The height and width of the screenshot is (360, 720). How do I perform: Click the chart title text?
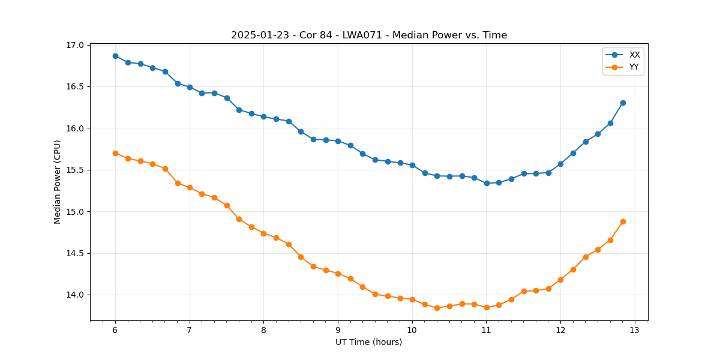point(369,35)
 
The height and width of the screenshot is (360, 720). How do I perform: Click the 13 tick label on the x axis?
point(635,331)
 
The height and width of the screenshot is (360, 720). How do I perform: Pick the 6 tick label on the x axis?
point(115,331)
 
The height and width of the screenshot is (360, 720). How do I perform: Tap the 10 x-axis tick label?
point(412,331)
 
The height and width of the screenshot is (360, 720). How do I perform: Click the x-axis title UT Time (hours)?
point(369,342)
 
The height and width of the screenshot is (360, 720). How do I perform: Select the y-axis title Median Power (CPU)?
point(58,182)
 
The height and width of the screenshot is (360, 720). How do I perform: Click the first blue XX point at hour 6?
point(115,56)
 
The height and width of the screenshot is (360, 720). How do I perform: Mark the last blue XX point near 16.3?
point(623,103)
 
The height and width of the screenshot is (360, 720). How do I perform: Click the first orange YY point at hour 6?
point(115,153)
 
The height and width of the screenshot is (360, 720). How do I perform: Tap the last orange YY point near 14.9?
point(623,221)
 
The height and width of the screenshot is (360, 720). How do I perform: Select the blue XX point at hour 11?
point(487,183)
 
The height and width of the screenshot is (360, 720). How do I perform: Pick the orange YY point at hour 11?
point(487,307)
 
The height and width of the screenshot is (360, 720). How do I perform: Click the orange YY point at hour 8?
point(263,233)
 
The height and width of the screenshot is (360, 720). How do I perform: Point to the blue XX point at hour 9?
point(338,141)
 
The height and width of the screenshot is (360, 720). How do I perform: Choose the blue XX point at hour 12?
point(560,164)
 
